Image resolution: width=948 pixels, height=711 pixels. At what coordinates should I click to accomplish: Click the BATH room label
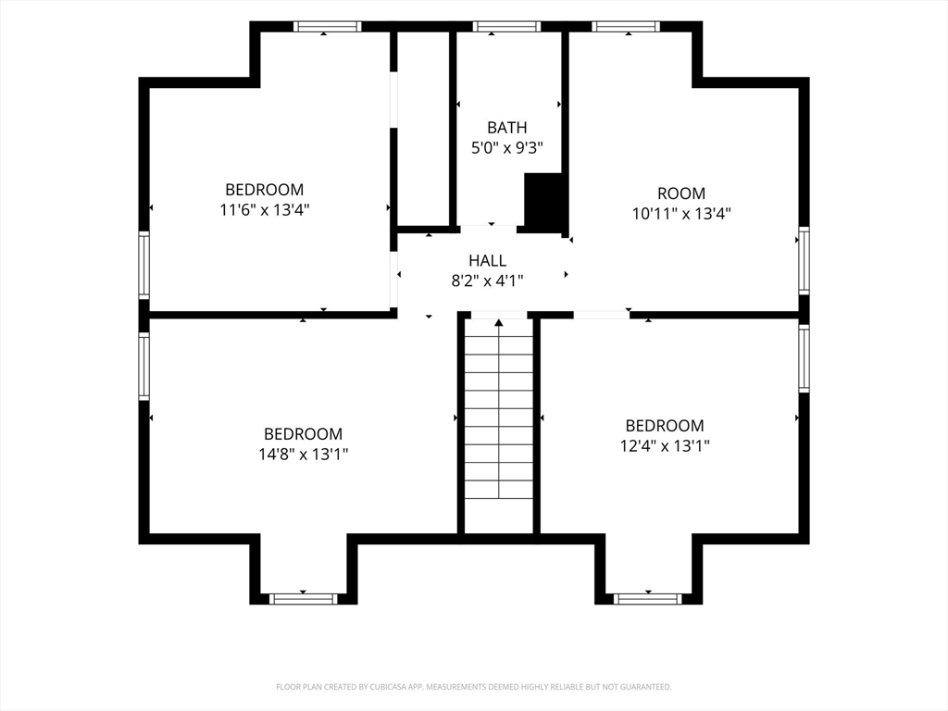tap(506, 128)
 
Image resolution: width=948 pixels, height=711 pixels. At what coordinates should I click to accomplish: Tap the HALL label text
tap(487, 260)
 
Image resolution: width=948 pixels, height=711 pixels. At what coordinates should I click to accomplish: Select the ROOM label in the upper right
tap(681, 193)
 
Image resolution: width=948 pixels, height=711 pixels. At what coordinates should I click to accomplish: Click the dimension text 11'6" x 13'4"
tap(264, 210)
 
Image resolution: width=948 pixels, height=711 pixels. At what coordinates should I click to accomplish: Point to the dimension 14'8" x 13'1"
tap(303, 454)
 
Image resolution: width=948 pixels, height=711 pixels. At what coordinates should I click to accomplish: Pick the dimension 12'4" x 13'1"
tap(665, 445)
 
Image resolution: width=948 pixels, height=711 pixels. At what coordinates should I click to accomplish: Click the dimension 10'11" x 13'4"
tap(681, 214)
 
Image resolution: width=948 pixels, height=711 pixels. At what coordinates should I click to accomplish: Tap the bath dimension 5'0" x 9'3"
tap(506, 147)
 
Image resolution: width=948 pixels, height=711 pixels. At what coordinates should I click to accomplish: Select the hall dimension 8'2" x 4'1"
tap(487, 281)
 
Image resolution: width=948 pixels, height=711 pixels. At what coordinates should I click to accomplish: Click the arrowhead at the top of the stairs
tap(499, 323)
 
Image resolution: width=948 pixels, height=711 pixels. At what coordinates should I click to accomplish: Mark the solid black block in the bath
tap(543, 203)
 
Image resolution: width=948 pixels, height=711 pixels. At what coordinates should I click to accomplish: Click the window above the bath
tap(506, 26)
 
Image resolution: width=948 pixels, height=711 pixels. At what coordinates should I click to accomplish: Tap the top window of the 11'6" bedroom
tap(327, 26)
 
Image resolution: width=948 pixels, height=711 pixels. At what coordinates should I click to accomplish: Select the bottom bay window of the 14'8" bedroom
tap(303, 599)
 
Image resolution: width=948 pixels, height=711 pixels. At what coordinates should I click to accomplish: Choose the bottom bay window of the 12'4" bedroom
tap(647, 599)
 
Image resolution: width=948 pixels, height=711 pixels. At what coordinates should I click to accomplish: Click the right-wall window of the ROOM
tap(804, 260)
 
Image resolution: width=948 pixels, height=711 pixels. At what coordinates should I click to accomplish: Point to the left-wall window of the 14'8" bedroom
tap(143, 366)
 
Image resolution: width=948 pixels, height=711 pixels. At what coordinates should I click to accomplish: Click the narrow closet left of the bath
tap(423, 128)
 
